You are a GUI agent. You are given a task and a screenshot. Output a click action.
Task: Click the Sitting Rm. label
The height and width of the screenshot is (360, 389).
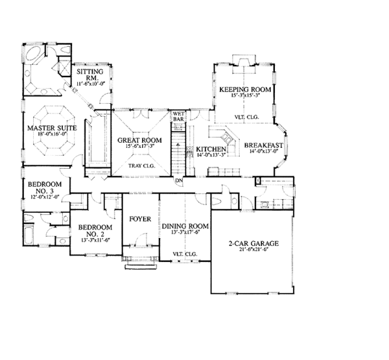(x=88, y=75)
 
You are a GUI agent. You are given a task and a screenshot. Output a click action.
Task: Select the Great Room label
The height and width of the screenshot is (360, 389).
(x=139, y=139)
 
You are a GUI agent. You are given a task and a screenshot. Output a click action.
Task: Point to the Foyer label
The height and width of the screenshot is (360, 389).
(x=140, y=219)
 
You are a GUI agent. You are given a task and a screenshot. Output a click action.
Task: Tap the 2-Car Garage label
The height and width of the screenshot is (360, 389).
(x=253, y=243)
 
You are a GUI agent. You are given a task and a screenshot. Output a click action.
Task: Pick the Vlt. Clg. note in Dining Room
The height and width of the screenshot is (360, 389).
(x=185, y=253)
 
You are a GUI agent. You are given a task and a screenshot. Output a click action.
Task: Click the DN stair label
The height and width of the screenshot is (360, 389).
(x=178, y=180)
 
